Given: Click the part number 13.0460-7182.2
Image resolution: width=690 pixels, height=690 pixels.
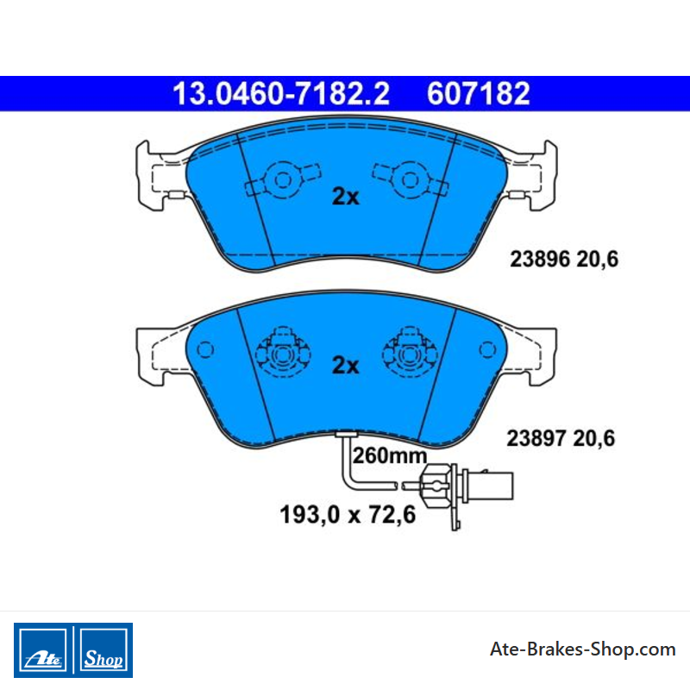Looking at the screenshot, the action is (x=281, y=94).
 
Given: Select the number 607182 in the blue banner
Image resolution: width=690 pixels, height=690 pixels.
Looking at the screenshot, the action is (x=479, y=94).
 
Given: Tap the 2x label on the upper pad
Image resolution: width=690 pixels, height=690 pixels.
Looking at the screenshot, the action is (x=346, y=197).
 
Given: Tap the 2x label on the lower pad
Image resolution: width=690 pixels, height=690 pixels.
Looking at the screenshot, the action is (x=346, y=365).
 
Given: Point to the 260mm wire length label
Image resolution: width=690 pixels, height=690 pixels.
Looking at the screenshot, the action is (x=390, y=456).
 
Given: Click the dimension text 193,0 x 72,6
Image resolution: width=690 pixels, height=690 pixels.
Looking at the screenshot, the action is (x=348, y=514).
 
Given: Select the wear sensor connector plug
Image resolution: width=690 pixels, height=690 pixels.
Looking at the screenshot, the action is (x=467, y=486).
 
